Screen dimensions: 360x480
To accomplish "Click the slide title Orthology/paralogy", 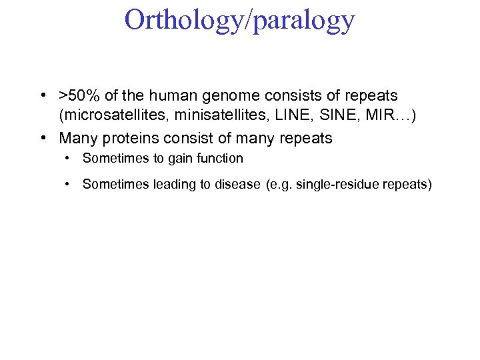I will pyautogui.click(x=239, y=21).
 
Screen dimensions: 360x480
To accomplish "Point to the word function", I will pyautogui.click(x=216, y=159).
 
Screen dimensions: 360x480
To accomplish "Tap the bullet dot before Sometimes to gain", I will pyautogui.click(x=68, y=159).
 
